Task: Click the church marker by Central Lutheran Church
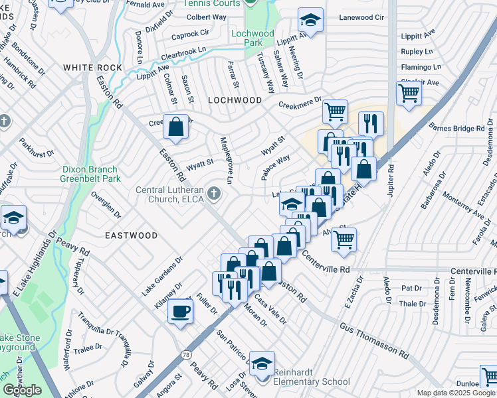(213, 194)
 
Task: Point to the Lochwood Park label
(252, 38)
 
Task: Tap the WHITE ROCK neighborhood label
(92, 68)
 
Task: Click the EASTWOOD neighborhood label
(131, 235)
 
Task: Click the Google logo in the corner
(22, 390)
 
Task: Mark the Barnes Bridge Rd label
(459, 127)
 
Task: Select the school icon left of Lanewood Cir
(310, 20)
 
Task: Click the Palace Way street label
(275, 167)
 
